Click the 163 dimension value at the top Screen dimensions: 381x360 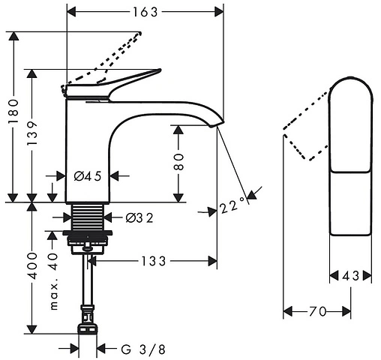[145, 12]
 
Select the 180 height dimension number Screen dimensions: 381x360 [13, 112]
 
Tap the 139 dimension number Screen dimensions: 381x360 [31, 133]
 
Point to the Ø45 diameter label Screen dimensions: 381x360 [88, 176]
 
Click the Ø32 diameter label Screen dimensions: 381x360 [139, 218]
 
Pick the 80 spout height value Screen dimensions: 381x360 [178, 162]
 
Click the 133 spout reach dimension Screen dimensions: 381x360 [154, 261]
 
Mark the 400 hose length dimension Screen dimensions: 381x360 [32, 265]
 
